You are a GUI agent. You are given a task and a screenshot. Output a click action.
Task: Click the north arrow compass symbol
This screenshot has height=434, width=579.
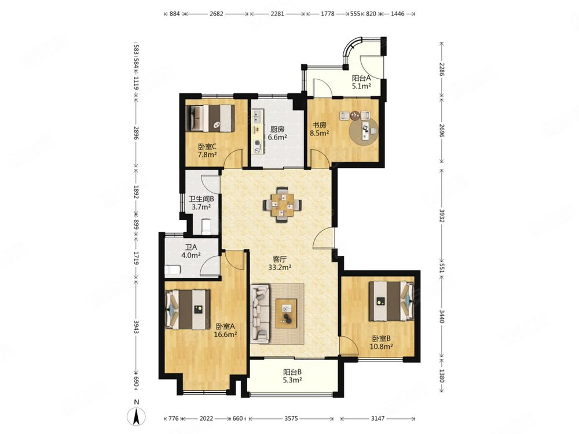click(136, 417)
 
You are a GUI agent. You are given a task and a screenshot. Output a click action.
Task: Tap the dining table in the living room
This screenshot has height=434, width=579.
click(283, 205)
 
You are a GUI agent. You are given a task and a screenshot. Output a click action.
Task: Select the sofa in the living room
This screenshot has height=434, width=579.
click(261, 313)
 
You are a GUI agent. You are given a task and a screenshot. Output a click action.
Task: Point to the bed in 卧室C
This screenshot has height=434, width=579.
click(211, 119)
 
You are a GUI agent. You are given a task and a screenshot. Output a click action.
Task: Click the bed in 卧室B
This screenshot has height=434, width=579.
click(391, 301)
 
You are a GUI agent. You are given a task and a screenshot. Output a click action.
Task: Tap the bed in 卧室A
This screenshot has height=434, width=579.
click(187, 310)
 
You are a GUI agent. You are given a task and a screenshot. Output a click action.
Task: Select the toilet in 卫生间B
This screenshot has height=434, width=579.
click(206, 226)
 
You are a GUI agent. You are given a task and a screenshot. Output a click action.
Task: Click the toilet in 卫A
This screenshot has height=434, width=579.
click(173, 270)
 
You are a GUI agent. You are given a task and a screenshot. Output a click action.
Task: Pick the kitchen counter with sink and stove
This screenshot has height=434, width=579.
click(258, 132)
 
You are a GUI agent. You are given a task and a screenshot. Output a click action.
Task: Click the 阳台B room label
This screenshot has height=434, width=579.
click(292, 372)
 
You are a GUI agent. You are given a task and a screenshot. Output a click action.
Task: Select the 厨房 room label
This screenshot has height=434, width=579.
click(277, 129)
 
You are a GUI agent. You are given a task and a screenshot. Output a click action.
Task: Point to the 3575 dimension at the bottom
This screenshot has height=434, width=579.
click(291, 418)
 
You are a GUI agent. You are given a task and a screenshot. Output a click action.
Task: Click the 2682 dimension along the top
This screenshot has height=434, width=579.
click(217, 14)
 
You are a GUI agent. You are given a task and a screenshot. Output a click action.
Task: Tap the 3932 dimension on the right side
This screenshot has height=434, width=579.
click(442, 215)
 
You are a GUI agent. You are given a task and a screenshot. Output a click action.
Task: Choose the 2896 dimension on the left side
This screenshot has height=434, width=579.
click(136, 133)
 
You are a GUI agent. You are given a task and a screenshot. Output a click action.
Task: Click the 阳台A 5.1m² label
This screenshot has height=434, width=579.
click(361, 82)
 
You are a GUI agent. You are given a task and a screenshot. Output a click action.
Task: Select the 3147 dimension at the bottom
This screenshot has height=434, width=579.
click(378, 418)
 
